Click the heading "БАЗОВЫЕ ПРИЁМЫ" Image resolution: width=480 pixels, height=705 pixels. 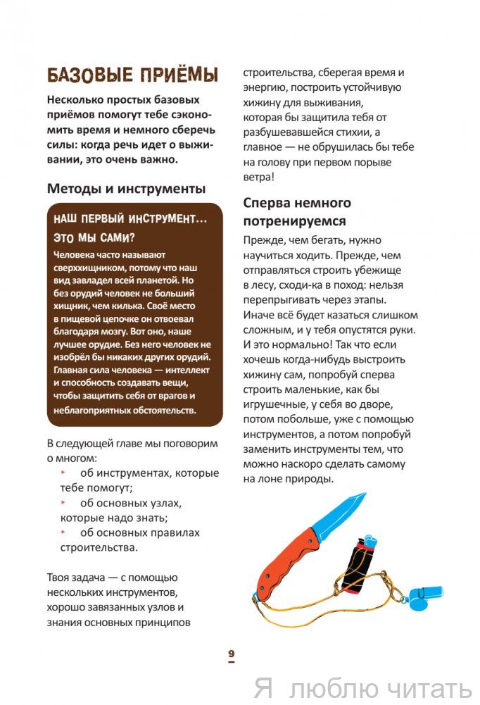(x=132, y=75)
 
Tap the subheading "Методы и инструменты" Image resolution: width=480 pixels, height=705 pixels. (x=126, y=189)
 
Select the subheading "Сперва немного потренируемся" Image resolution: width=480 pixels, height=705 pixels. (x=296, y=211)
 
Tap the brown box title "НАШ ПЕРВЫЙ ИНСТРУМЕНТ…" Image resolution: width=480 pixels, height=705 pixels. (x=131, y=219)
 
